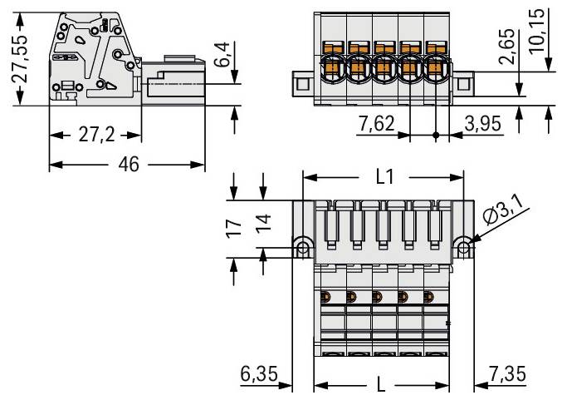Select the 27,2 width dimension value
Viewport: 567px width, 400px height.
95,136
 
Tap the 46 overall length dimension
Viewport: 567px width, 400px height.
127,164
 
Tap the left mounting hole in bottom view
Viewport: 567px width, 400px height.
302,247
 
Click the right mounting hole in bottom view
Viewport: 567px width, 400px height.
464,247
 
